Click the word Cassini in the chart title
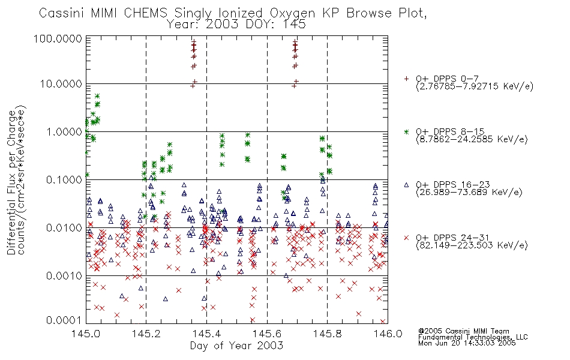tap(62, 13)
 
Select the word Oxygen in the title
tap(293, 14)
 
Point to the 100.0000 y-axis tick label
tap(58, 38)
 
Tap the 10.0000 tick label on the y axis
tap(61, 84)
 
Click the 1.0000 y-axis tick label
tap(64, 131)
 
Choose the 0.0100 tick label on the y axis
tap(64, 228)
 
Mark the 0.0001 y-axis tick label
tap(64, 320)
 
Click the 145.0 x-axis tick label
tap(86, 334)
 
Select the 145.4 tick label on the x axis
tap(206, 334)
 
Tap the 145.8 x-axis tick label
tap(327, 334)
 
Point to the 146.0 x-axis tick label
tap(388, 334)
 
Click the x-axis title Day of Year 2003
tap(236, 346)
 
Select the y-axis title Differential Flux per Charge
tap(12, 182)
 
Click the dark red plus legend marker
tap(406, 79)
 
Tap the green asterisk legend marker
tap(406, 131)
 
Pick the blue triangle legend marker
tap(406, 185)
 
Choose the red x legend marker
tap(406, 238)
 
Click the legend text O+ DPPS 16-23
tap(453, 185)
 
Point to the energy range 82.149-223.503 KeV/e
tap(472, 245)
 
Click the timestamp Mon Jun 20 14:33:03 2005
tap(467, 343)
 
